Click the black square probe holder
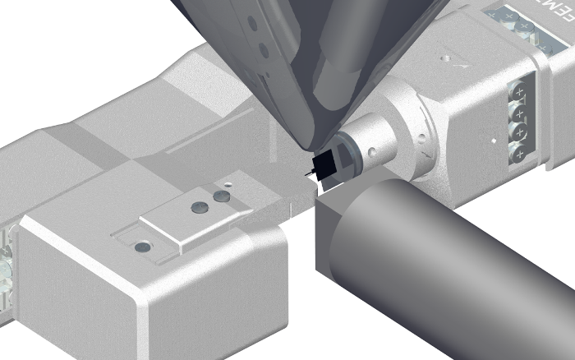pyautogui.click(x=325, y=165)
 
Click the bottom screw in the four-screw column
pyautogui.click(x=519, y=153)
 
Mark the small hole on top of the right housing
pyautogui.click(x=445, y=58)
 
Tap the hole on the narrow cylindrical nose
pyautogui.click(x=371, y=151)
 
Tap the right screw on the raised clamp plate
pyautogui.click(x=219, y=197)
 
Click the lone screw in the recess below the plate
pyautogui.click(x=143, y=246)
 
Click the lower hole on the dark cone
pyautogui.click(x=264, y=51)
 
